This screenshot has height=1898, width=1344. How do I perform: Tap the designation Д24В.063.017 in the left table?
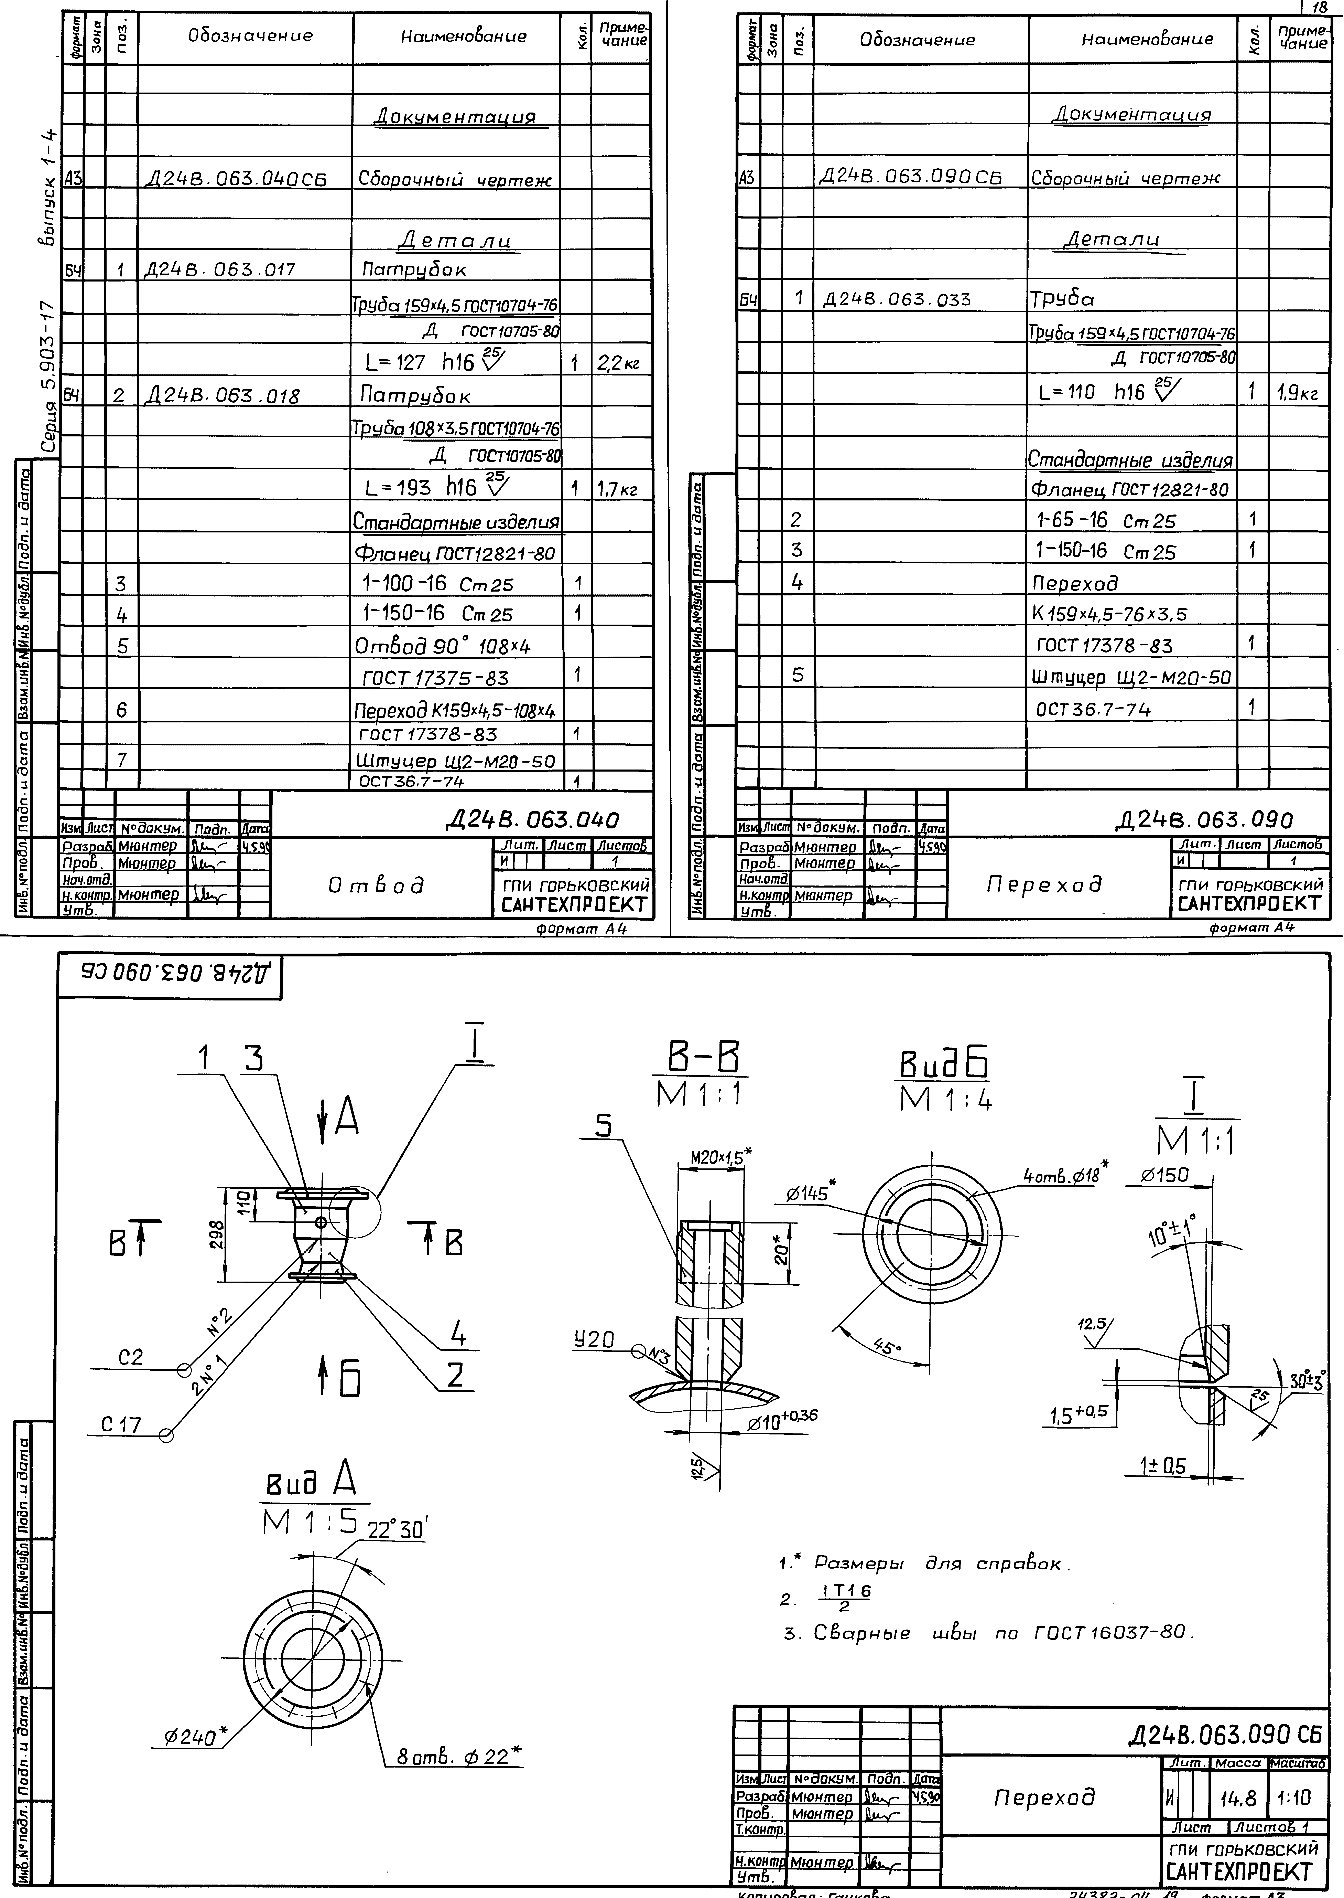tap(219, 270)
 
